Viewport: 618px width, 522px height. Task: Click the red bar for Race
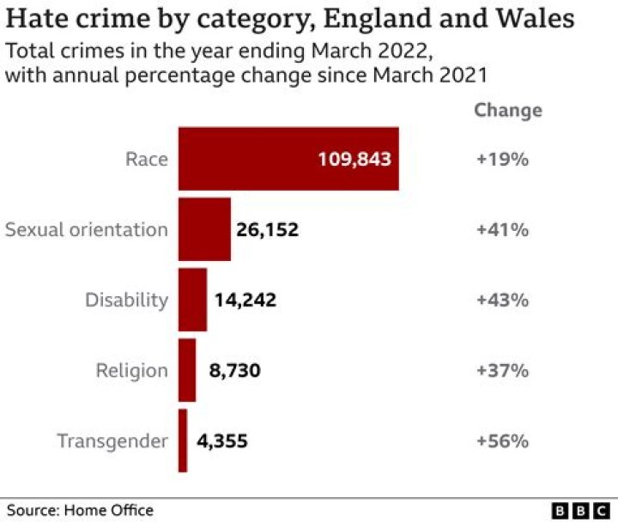(x=257, y=159)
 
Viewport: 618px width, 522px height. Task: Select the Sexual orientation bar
(x=204, y=229)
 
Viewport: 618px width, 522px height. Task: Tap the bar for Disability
(x=192, y=300)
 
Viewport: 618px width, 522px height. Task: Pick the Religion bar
(x=187, y=370)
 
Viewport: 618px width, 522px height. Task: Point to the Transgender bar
(x=183, y=440)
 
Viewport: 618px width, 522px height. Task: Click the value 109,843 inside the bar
(x=354, y=159)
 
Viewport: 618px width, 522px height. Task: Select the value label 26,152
(x=266, y=230)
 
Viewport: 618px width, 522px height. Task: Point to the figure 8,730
(x=234, y=371)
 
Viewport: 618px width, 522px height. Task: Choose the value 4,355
(x=222, y=441)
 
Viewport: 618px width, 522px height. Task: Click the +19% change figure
(x=502, y=159)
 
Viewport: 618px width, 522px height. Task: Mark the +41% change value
(x=502, y=230)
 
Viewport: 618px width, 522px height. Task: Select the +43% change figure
(x=502, y=300)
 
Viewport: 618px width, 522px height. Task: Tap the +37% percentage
(x=502, y=371)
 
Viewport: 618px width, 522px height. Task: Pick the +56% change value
(x=502, y=441)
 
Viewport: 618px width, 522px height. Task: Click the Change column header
(x=508, y=110)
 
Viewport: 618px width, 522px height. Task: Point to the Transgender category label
(x=112, y=441)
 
